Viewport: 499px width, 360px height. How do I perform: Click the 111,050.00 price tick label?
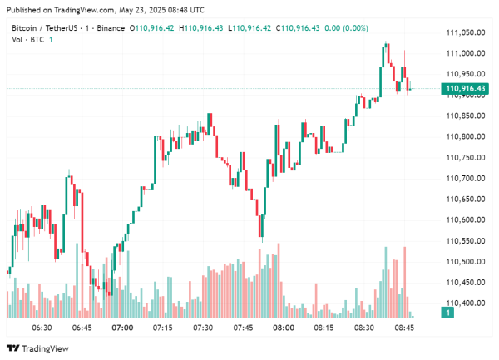(x=467, y=32)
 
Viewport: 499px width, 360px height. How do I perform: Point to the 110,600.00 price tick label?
(x=467, y=220)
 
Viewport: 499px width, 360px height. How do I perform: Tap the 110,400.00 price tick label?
(x=467, y=303)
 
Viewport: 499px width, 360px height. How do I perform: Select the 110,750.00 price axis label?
(x=467, y=158)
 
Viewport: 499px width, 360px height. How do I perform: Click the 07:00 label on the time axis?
(x=122, y=328)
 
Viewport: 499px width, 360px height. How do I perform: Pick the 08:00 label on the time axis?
(x=284, y=328)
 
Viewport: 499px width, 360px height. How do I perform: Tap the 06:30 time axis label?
(x=42, y=328)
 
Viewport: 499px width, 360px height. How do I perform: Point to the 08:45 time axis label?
(x=404, y=328)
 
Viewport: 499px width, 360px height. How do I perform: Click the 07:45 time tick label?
(x=243, y=328)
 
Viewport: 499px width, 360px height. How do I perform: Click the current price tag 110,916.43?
(x=466, y=89)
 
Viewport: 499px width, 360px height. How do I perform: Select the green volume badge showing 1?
(x=448, y=313)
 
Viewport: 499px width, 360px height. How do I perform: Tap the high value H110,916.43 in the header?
(x=205, y=28)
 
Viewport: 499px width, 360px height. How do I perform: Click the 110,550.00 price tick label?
(x=467, y=241)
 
